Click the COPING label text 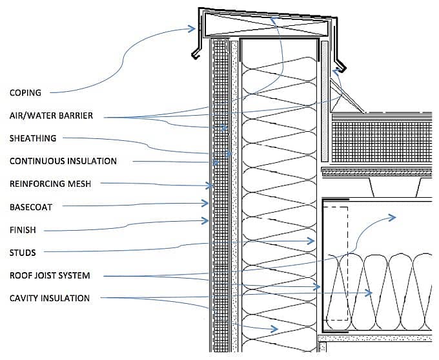[25, 92]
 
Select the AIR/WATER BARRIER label [51, 116]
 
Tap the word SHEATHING [33, 138]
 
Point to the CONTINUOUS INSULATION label [63, 161]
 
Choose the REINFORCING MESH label [50, 184]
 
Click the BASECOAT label [30, 207]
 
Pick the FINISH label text [23, 230]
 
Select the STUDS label [23, 253]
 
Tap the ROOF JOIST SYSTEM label [50, 275]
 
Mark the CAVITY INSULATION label [50, 298]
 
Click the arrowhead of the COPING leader [192, 28]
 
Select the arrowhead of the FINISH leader [207, 221]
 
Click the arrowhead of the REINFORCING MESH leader [210, 185]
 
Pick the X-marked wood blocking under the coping [267, 28]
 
